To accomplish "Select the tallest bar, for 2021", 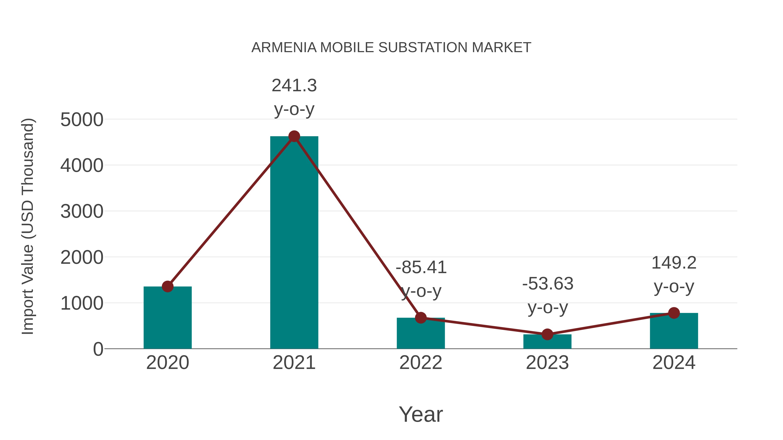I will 294,243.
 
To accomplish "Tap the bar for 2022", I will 421,334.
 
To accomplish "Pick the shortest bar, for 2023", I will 547,342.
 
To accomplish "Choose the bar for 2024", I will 674,331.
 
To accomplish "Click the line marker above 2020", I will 167,286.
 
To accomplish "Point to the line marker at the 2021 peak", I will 294,136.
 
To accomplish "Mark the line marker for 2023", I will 547,334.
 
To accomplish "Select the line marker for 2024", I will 674,313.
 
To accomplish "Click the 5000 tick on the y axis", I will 82,120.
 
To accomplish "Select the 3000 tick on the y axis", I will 82,212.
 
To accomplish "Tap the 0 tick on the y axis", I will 98,349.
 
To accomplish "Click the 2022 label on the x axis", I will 421,363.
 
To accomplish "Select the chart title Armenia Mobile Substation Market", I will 391,48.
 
